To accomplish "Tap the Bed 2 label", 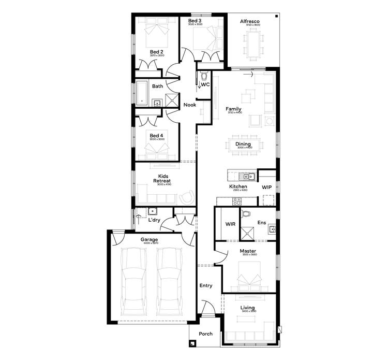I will point(157,52).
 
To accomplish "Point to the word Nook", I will point(190,105).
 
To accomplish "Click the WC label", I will point(205,84).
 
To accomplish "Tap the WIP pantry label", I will point(266,186).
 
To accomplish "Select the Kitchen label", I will point(238,186).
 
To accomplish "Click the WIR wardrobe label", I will point(230,224).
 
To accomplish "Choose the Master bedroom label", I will point(248,251).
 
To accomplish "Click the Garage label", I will point(149,240).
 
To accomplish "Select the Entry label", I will point(206,285).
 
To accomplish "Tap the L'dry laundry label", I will point(154,221).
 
